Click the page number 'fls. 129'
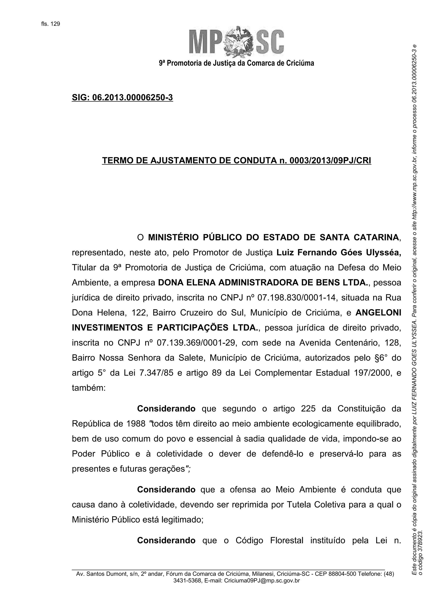click(51, 24)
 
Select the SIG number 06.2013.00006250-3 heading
click(122, 98)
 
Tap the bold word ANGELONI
click(378, 313)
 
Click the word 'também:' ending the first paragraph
click(89, 388)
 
